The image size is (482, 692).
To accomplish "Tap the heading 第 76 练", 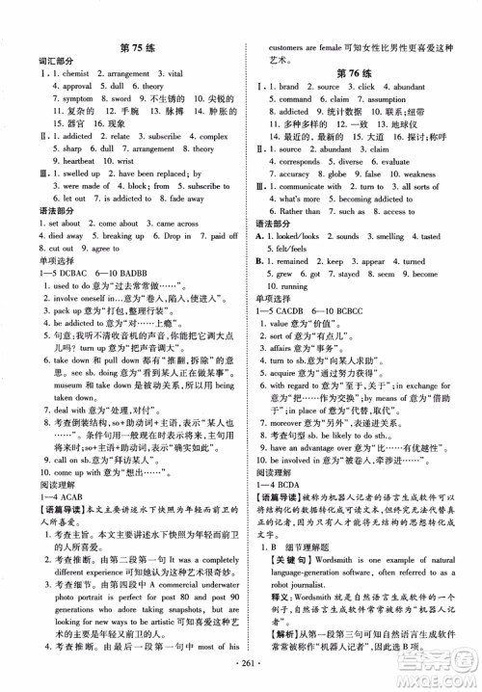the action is coord(358,72).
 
